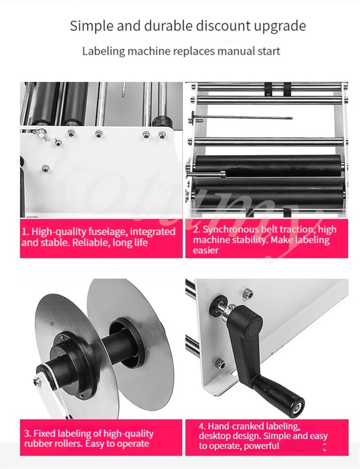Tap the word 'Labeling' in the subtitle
click(x=103, y=51)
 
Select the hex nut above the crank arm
click(x=248, y=294)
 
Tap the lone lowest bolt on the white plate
click(x=45, y=168)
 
